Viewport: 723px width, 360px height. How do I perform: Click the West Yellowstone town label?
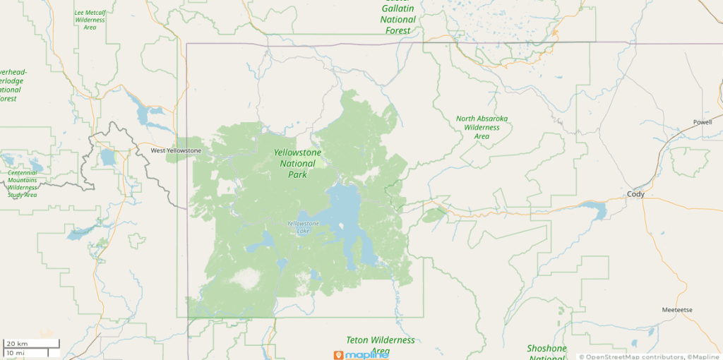[x=177, y=150]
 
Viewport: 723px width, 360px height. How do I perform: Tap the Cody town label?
[x=636, y=194]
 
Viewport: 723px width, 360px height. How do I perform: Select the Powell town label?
[x=703, y=122]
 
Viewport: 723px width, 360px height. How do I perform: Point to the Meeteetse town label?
[x=677, y=311]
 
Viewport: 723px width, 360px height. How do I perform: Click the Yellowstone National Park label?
[x=297, y=163]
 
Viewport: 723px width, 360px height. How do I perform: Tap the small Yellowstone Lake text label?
[x=303, y=227]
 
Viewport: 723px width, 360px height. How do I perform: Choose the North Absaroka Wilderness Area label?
[x=482, y=127]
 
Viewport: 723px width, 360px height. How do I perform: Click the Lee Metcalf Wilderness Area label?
[x=90, y=20]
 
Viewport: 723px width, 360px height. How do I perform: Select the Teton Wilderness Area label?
[x=380, y=345]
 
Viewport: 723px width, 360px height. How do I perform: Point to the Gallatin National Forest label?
[x=398, y=19]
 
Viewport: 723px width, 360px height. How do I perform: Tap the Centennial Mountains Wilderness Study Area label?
[x=22, y=184]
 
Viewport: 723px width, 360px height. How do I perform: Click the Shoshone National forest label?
[x=546, y=352]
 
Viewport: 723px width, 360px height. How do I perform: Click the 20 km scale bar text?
[x=17, y=343]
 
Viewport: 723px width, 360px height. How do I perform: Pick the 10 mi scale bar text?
[x=16, y=352]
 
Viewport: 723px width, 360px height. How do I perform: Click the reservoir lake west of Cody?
[x=592, y=210]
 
